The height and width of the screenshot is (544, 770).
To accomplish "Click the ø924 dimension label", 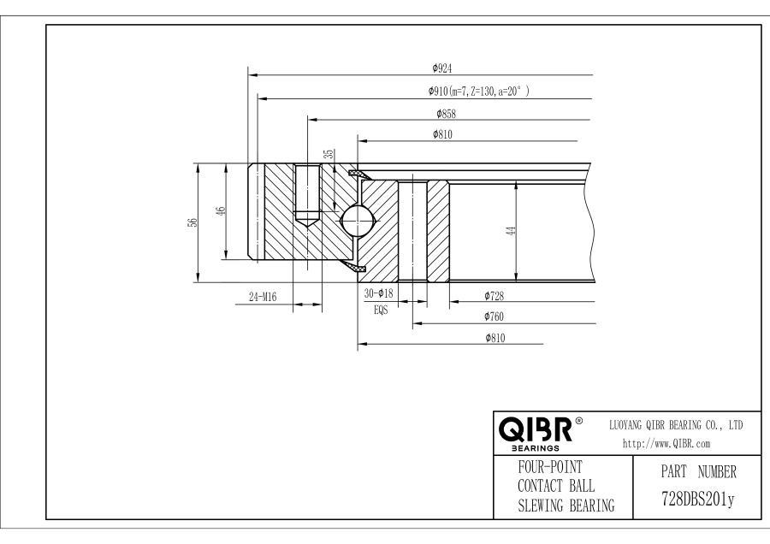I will tap(443, 68).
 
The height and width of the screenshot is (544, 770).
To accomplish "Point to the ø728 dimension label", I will tap(494, 296).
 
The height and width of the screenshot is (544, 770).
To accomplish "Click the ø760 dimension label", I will tap(494, 316).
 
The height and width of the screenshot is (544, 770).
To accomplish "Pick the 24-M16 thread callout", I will tap(264, 297).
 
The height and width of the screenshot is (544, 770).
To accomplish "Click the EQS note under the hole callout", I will tap(380, 310).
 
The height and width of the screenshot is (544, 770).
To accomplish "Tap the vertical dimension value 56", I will tap(193, 222).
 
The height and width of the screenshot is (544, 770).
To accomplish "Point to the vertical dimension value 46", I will tap(220, 211).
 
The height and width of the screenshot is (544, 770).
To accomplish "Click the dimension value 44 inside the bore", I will tap(510, 231).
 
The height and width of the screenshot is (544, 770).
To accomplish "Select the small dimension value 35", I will tap(329, 154).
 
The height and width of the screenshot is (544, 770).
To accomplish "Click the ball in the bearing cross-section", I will tap(357, 219).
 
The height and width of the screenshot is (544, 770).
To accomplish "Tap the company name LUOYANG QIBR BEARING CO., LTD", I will tap(674, 424).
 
